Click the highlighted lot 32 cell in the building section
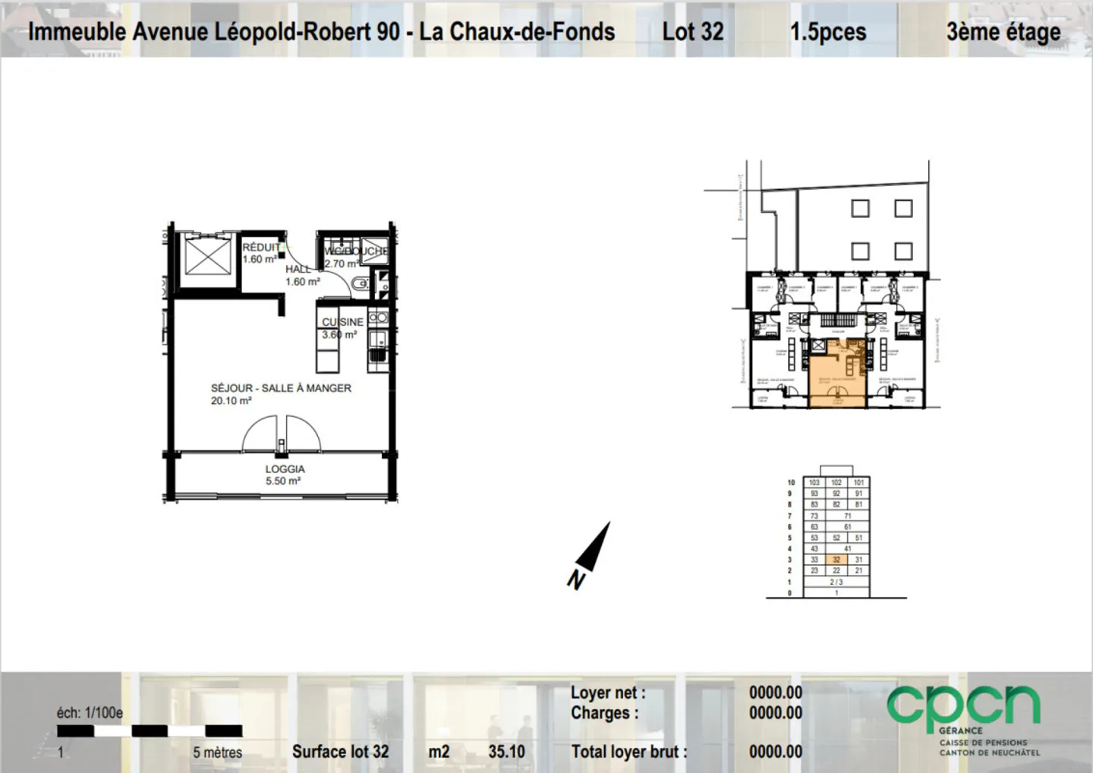pos(836,560)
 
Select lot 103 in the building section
pos(814,482)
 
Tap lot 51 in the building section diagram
pos(858,538)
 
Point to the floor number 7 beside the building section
pos(789,516)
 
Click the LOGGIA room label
pos(285,469)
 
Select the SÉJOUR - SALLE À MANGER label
pos(281,388)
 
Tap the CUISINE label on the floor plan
pos(342,322)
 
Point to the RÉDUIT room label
pos(260,248)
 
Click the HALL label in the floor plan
pos(298,269)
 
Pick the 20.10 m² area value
pos(231,401)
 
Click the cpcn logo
pos(963,706)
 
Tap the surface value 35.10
pos(506,752)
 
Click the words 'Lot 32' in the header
pos(692,32)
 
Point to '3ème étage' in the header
pos(1003,32)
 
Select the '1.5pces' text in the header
pos(827,32)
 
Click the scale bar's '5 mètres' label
pos(217,752)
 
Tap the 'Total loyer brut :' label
pos(628,752)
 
